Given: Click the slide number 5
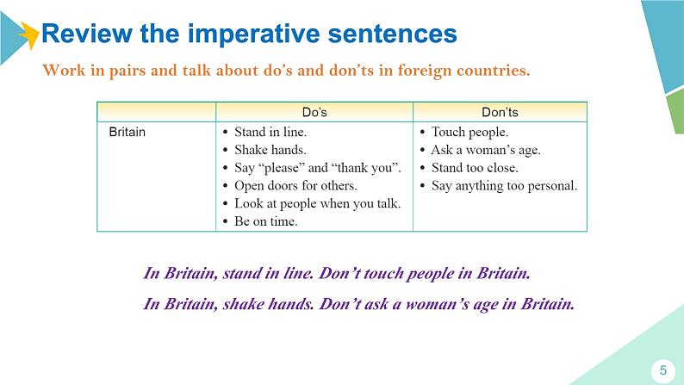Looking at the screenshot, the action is [x=663, y=370].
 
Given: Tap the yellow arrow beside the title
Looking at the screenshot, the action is [x=29, y=34].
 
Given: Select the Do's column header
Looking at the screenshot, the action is [x=314, y=112].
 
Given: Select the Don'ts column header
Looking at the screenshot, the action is [x=500, y=112].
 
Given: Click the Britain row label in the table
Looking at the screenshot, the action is [x=127, y=132].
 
